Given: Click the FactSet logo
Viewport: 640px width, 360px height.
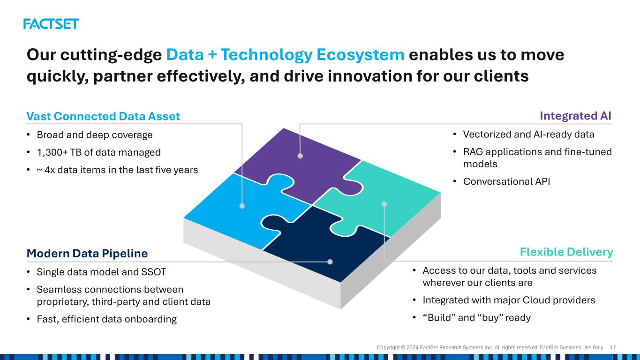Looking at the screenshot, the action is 51,24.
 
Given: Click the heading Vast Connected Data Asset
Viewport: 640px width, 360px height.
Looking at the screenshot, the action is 103,116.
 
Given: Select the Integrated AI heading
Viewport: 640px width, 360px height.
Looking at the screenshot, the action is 575,116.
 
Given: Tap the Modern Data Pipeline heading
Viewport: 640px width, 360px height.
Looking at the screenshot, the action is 87,254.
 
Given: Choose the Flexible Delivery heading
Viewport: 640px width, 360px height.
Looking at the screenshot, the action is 566,252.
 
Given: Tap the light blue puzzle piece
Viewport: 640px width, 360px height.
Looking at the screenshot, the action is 243,211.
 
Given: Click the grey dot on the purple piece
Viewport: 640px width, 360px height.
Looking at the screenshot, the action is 300,156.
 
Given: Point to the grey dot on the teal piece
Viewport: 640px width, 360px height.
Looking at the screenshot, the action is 384,204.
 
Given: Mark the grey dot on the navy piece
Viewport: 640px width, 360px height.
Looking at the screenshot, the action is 330,262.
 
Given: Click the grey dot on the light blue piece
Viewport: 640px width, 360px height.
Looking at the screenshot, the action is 242,206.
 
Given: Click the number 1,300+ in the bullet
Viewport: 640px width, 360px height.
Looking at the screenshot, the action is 52,152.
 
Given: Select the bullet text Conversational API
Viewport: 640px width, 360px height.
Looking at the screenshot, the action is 506,181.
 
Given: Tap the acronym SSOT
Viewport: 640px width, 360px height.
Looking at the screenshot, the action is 154,272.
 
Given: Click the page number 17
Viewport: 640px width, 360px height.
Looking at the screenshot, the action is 613,347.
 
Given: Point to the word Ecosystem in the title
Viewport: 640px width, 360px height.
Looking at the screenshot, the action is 360,54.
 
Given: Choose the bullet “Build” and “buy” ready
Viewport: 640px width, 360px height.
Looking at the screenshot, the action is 476,318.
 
